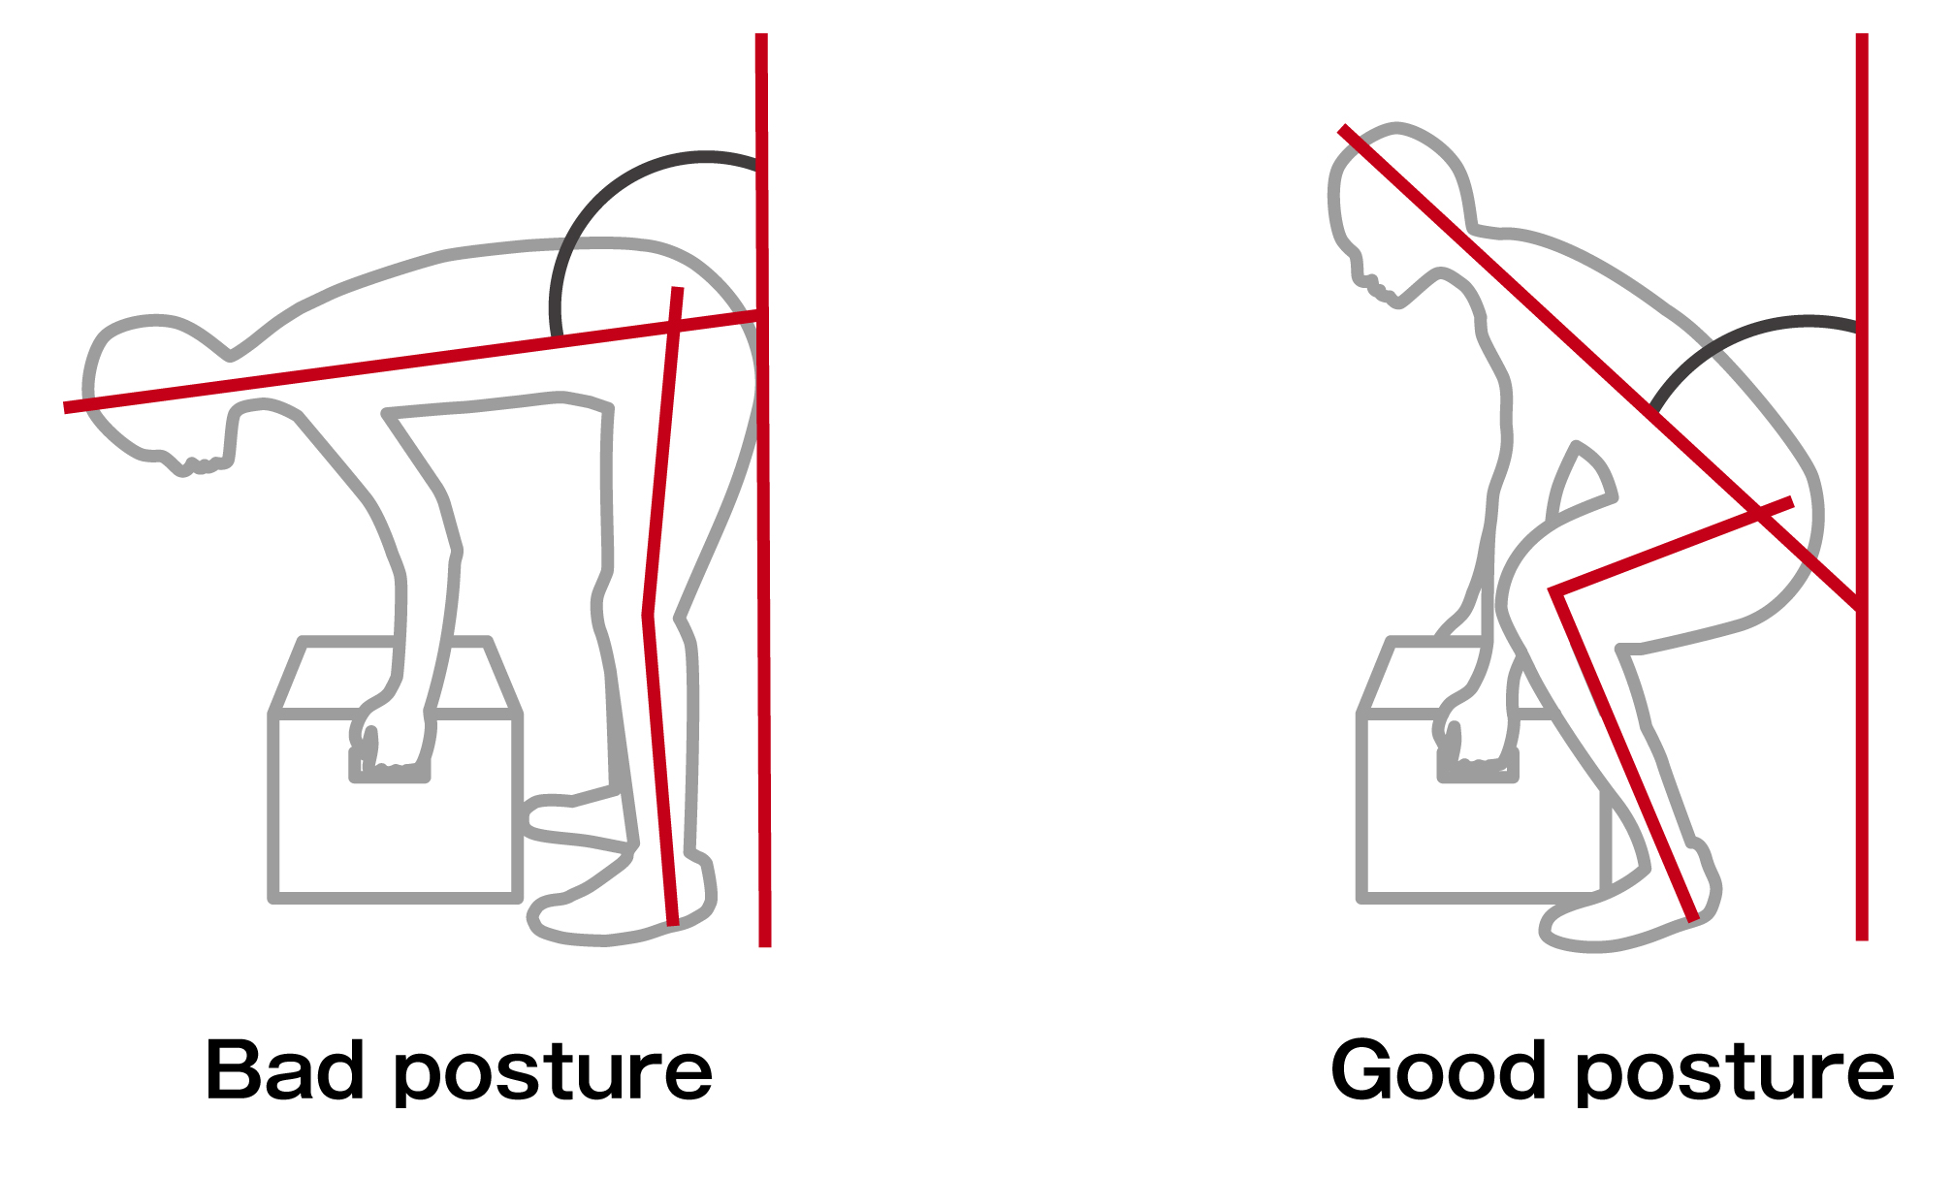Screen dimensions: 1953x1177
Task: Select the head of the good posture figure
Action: [x=1396, y=213]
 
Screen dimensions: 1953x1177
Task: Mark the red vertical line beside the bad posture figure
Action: [x=763, y=490]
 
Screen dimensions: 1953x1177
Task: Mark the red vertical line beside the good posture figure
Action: [x=1862, y=487]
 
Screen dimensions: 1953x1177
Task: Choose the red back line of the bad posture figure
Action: [x=412, y=361]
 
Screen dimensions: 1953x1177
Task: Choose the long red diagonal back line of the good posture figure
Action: [x=1600, y=369]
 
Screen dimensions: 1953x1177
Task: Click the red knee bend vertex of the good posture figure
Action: [x=1553, y=590]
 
